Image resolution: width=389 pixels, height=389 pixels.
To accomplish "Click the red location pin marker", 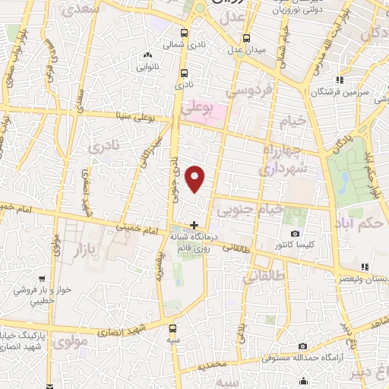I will (196, 179).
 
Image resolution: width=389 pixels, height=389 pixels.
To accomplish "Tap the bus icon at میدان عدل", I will (247, 37).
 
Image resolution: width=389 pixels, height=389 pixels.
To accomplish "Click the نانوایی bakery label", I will (147, 66).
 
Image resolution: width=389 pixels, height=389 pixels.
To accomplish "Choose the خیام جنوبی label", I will (251, 209).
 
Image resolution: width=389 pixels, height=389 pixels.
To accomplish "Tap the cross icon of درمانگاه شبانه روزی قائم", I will (195, 225).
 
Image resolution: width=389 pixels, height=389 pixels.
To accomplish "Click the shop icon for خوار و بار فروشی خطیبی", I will (17, 289).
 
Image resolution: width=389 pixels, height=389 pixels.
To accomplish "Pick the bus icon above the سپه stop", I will (173, 328).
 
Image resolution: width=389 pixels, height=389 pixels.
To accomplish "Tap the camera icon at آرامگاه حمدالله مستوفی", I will (303, 345).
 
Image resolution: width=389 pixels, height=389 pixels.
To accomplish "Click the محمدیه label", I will (212, 365).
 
